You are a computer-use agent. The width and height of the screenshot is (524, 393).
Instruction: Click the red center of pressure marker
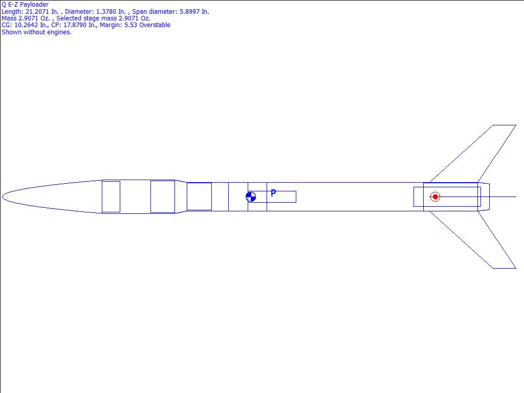coord(435,197)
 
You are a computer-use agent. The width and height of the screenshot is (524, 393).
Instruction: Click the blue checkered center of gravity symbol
coord(251,197)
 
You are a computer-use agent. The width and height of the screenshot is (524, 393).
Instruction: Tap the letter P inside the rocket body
coord(273,193)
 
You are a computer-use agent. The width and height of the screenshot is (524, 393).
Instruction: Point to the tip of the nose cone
coord(3,197)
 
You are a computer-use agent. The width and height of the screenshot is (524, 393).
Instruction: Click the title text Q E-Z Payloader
coord(25,4)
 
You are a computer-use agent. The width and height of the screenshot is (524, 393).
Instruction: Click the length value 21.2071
coord(37,12)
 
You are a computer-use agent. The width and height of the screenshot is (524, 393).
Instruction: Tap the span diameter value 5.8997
coord(189,12)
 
